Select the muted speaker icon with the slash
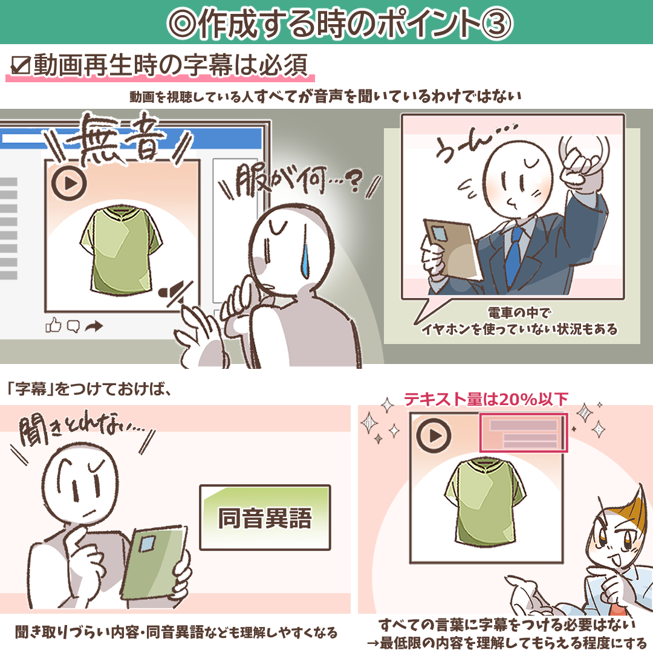tap(174, 292)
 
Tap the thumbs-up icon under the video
tap(53, 326)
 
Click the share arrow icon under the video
tap(94, 327)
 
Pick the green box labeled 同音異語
tap(265, 518)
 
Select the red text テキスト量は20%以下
tap(486, 400)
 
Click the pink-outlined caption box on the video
tap(524, 432)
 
